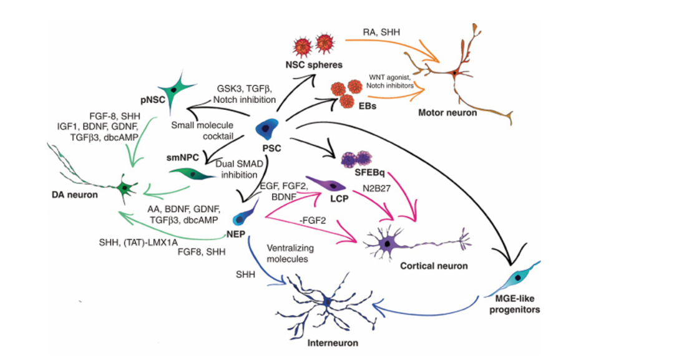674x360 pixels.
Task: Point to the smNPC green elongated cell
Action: pos(192,174)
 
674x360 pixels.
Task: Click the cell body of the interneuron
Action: pos(327,302)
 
